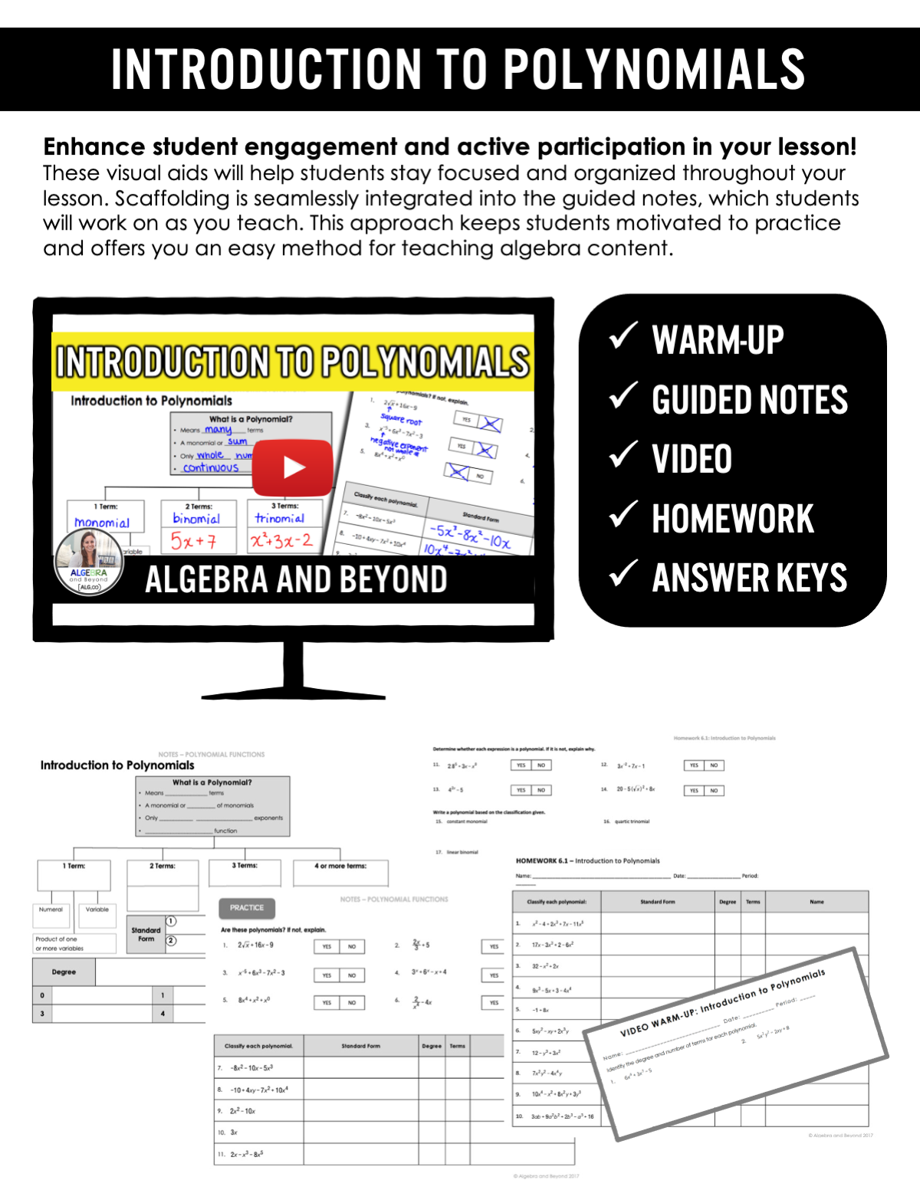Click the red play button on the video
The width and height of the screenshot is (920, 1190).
coord(293,467)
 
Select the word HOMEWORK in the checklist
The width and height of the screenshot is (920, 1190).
coord(732,519)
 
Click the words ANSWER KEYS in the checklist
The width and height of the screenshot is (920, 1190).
coord(749,578)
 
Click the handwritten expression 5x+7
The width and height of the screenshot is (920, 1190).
coord(193,541)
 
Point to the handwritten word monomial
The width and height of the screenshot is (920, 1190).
coord(102,523)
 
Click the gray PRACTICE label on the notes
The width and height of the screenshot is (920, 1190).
coord(247,908)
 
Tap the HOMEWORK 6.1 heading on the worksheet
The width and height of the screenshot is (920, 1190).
coord(587,861)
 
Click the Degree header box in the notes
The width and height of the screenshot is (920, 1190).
coord(64,972)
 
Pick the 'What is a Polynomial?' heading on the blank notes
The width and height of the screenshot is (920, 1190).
coord(212,782)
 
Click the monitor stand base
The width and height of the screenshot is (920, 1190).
coord(293,696)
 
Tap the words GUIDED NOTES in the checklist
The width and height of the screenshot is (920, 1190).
coord(749,400)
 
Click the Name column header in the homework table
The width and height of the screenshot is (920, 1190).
coord(816,902)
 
